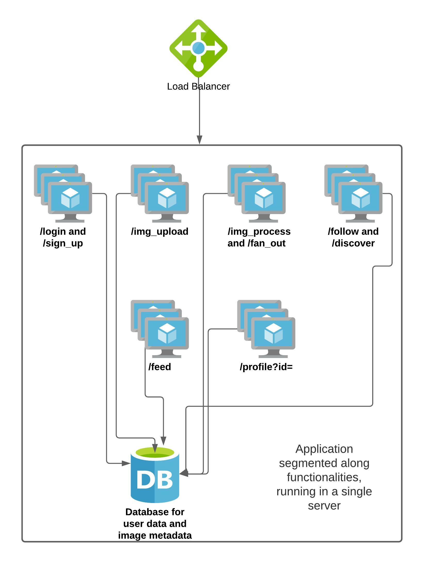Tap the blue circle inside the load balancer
(198, 48)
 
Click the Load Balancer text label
(198, 86)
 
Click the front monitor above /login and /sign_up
(70, 198)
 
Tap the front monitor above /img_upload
(167, 198)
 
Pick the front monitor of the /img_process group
(264, 198)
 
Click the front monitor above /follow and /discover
(360, 198)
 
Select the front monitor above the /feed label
(167, 334)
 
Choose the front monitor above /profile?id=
(273, 334)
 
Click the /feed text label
(160, 367)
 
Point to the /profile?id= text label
(266, 367)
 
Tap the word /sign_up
(63, 243)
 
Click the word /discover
(353, 243)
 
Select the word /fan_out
(267, 243)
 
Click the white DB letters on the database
(155, 480)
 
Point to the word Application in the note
(324, 449)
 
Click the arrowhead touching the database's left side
(126, 463)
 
